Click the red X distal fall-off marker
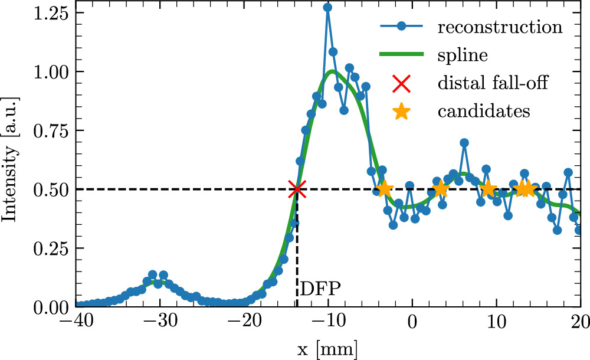[x=297, y=189]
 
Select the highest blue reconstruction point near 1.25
[x=327, y=8]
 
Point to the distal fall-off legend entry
[x=493, y=83]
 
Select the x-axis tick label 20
[x=581, y=322]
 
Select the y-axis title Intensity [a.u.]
[x=11, y=159]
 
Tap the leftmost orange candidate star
[x=384, y=189]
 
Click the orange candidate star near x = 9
[x=489, y=189]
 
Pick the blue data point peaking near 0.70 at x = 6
[x=464, y=143]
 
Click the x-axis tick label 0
[x=412, y=322]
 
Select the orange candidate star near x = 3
[x=440, y=189]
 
